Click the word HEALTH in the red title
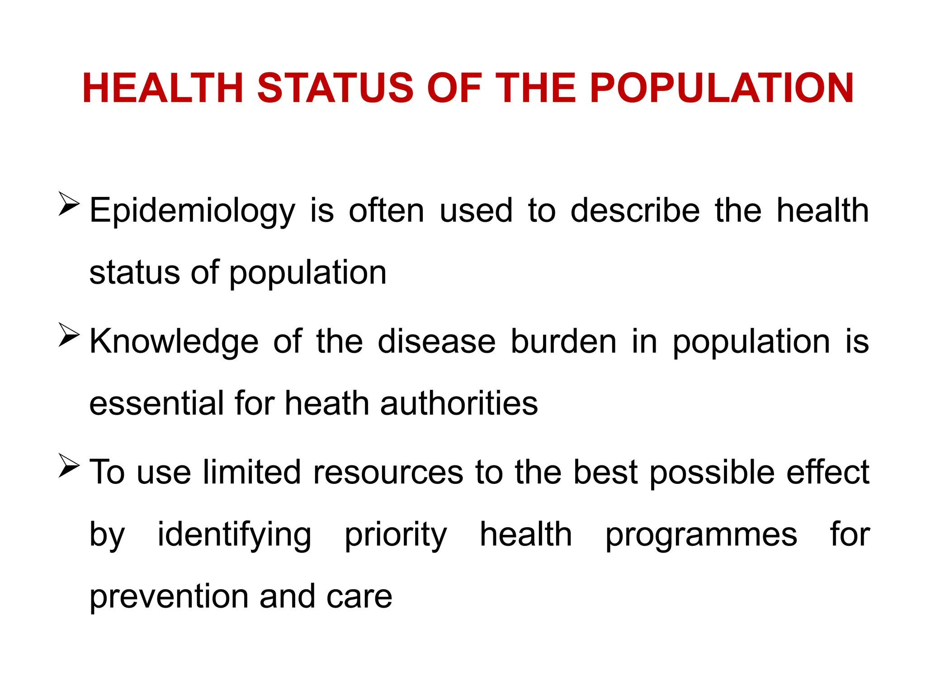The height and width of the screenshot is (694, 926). (163, 88)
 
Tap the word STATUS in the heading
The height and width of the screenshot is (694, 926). (335, 88)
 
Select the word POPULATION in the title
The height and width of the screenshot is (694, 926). (722, 88)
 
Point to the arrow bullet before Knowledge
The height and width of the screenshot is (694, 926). (69, 335)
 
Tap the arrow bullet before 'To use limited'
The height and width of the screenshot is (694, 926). (69, 466)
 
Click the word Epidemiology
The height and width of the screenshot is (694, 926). (192, 211)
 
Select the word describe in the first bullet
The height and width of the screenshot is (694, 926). (635, 211)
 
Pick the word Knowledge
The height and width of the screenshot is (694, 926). (174, 342)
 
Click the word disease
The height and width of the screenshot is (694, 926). (436, 342)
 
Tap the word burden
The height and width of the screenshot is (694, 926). (563, 342)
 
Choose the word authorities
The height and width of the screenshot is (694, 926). (459, 403)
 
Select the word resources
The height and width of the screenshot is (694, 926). (388, 473)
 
